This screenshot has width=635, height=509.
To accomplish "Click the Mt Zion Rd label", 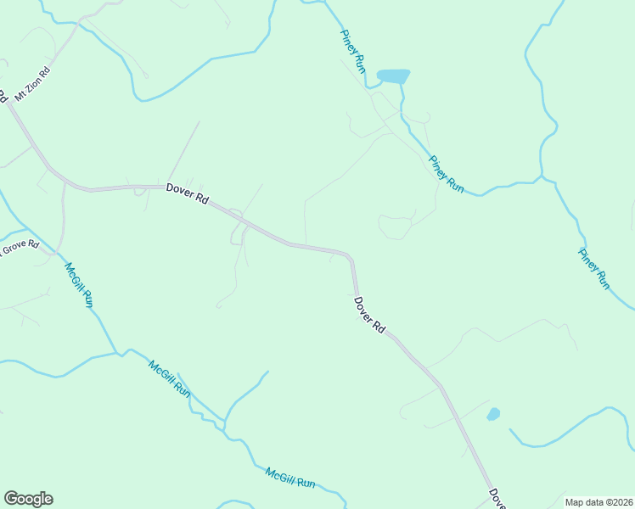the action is coord(33,83).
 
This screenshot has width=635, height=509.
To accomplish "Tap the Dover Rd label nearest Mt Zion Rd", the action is coord(188,193).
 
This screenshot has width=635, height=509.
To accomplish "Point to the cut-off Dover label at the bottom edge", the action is coord(497,499).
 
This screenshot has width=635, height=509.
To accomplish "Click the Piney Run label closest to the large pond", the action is coord(352,51).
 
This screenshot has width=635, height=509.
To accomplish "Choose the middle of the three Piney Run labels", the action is coord(446,174).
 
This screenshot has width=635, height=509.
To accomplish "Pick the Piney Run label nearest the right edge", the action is coord(594,268).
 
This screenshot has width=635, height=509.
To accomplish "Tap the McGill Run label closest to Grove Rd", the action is coord(79,284).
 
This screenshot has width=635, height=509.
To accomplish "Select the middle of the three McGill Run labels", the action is coord(170,378).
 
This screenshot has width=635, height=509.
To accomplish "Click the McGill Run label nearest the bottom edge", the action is coord(290,478).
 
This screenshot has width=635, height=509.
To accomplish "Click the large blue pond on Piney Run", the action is coord(394,76).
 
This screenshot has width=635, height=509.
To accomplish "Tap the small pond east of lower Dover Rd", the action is coord(493,414).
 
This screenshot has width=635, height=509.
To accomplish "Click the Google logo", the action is coord(28,499).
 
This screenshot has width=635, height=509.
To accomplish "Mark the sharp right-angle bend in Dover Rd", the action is coord(350,255).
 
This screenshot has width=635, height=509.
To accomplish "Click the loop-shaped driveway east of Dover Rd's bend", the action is coord(396,227).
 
